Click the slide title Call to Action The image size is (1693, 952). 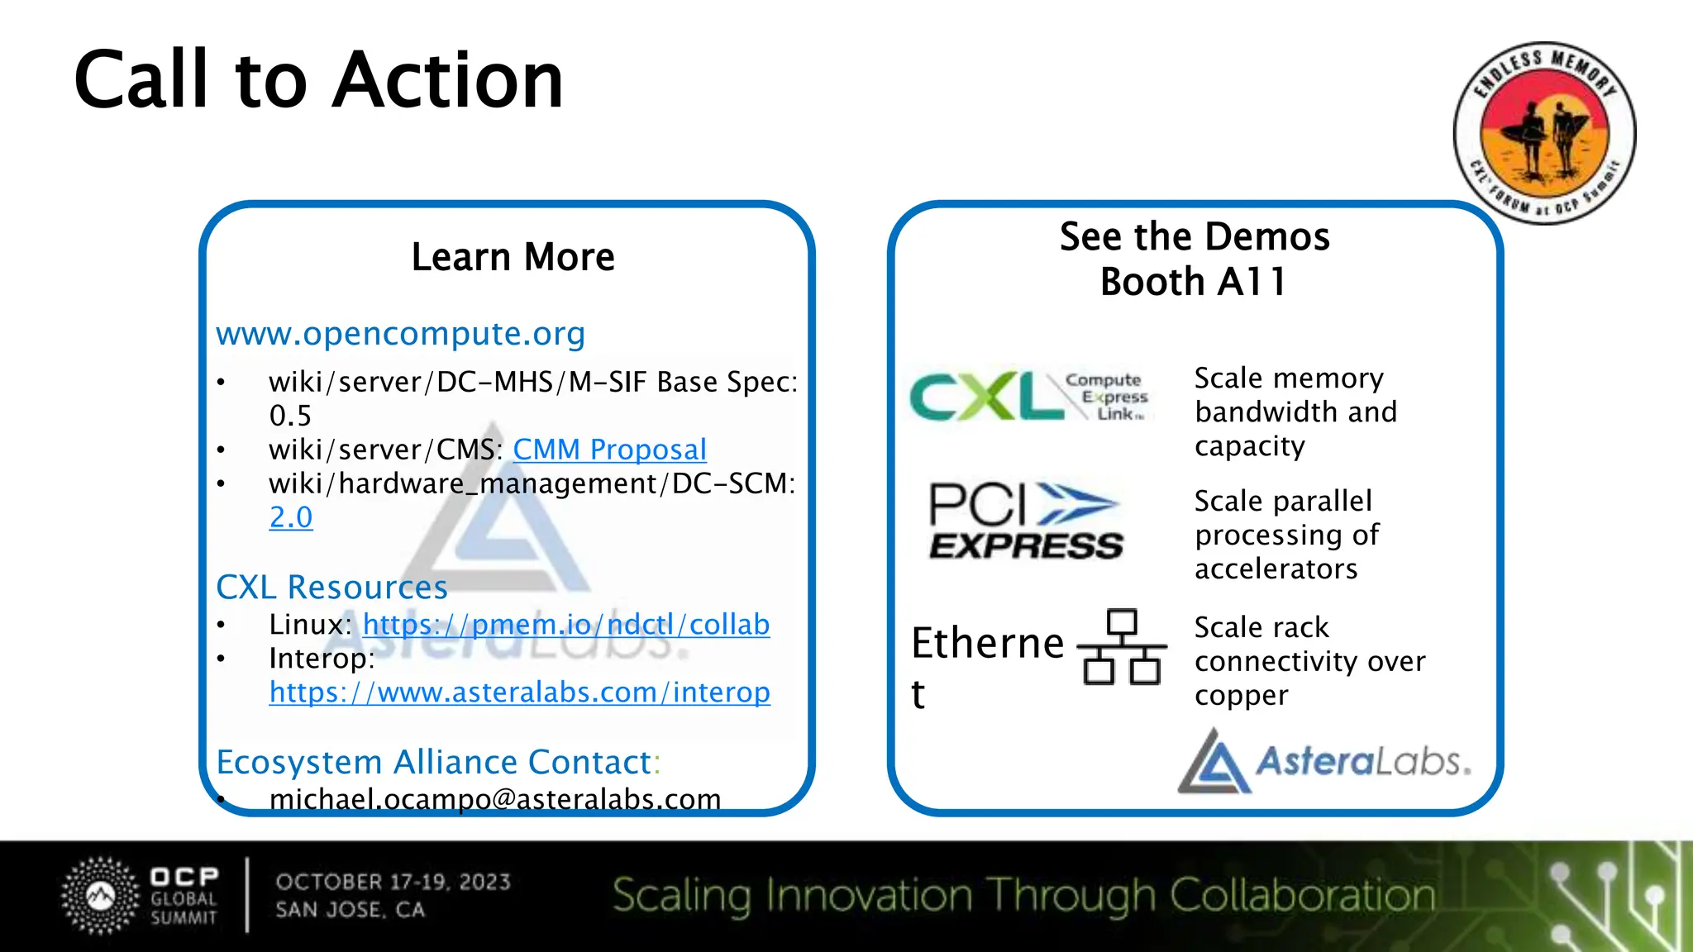[x=318, y=80]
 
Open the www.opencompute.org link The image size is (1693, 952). [x=400, y=334]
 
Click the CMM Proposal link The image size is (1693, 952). [x=609, y=450]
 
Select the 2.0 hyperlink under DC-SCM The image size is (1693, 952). [x=291, y=517]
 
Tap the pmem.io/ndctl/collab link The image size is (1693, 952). [x=565, y=625]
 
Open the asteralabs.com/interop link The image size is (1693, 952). [x=519, y=693]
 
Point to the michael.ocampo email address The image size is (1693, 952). [x=494, y=798]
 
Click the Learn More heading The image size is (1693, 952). [x=513, y=257]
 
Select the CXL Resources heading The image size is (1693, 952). [x=331, y=588]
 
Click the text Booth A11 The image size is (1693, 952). [x=1194, y=282]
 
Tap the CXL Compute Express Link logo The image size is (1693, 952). [x=1028, y=397]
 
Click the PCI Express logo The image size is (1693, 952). [x=1025, y=521]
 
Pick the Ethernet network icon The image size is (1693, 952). [x=1122, y=647]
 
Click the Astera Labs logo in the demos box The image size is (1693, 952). [x=1323, y=761]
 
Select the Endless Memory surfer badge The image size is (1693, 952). [x=1543, y=133]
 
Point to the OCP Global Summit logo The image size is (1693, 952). [x=141, y=897]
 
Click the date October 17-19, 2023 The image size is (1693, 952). [x=393, y=882]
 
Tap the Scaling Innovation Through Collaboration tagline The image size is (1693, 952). [x=1023, y=896]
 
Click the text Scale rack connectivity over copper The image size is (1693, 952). [x=1309, y=661]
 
